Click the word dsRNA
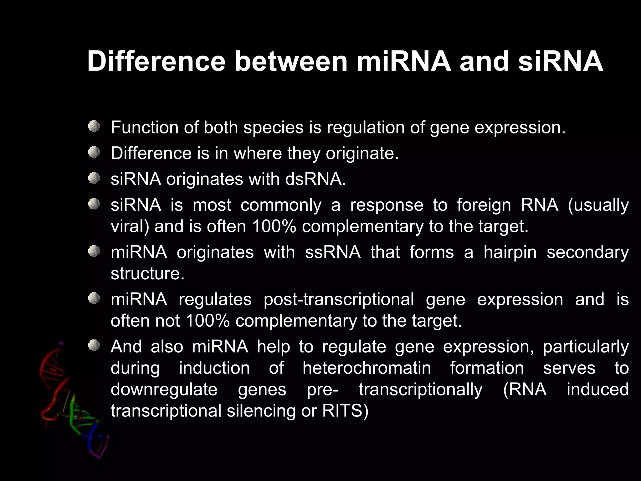point(315,179)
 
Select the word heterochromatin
point(367,368)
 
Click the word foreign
point(484,205)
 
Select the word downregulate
point(164,390)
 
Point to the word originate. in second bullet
point(362,154)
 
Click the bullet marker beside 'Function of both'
point(94,127)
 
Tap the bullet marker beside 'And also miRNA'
point(94,346)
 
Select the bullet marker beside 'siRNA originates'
point(94,178)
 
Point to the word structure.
point(147,274)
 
